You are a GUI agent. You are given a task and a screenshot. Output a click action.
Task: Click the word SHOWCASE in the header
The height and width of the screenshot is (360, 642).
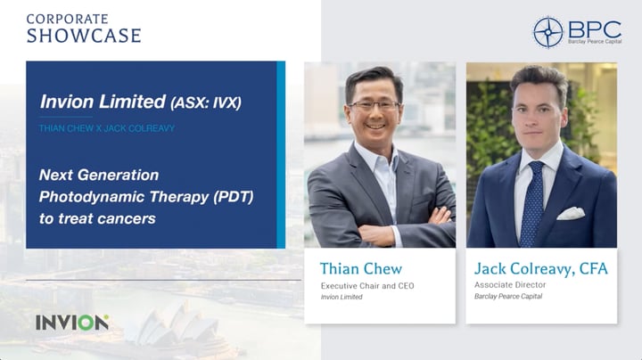click(x=84, y=36)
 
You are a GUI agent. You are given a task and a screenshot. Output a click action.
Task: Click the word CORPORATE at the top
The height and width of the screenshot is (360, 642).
click(x=67, y=18)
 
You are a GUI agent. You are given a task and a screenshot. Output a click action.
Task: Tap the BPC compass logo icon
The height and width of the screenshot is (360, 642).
click(x=547, y=32)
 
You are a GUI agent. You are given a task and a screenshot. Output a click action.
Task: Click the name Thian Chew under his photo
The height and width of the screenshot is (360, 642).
click(x=360, y=268)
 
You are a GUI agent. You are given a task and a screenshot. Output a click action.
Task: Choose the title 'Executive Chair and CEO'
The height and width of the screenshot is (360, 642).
click(x=367, y=285)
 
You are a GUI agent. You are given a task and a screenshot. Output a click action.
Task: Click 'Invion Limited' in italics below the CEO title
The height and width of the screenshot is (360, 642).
click(x=342, y=297)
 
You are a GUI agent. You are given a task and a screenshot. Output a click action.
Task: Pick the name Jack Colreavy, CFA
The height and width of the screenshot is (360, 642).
click(x=541, y=268)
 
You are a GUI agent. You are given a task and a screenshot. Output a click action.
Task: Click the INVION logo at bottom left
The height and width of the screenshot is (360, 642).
click(x=71, y=323)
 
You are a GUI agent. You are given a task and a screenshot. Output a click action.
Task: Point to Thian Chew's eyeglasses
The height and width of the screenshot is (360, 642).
click(x=375, y=105)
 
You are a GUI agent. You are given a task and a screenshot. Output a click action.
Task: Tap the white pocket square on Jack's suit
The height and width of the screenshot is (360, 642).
click(x=571, y=213)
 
